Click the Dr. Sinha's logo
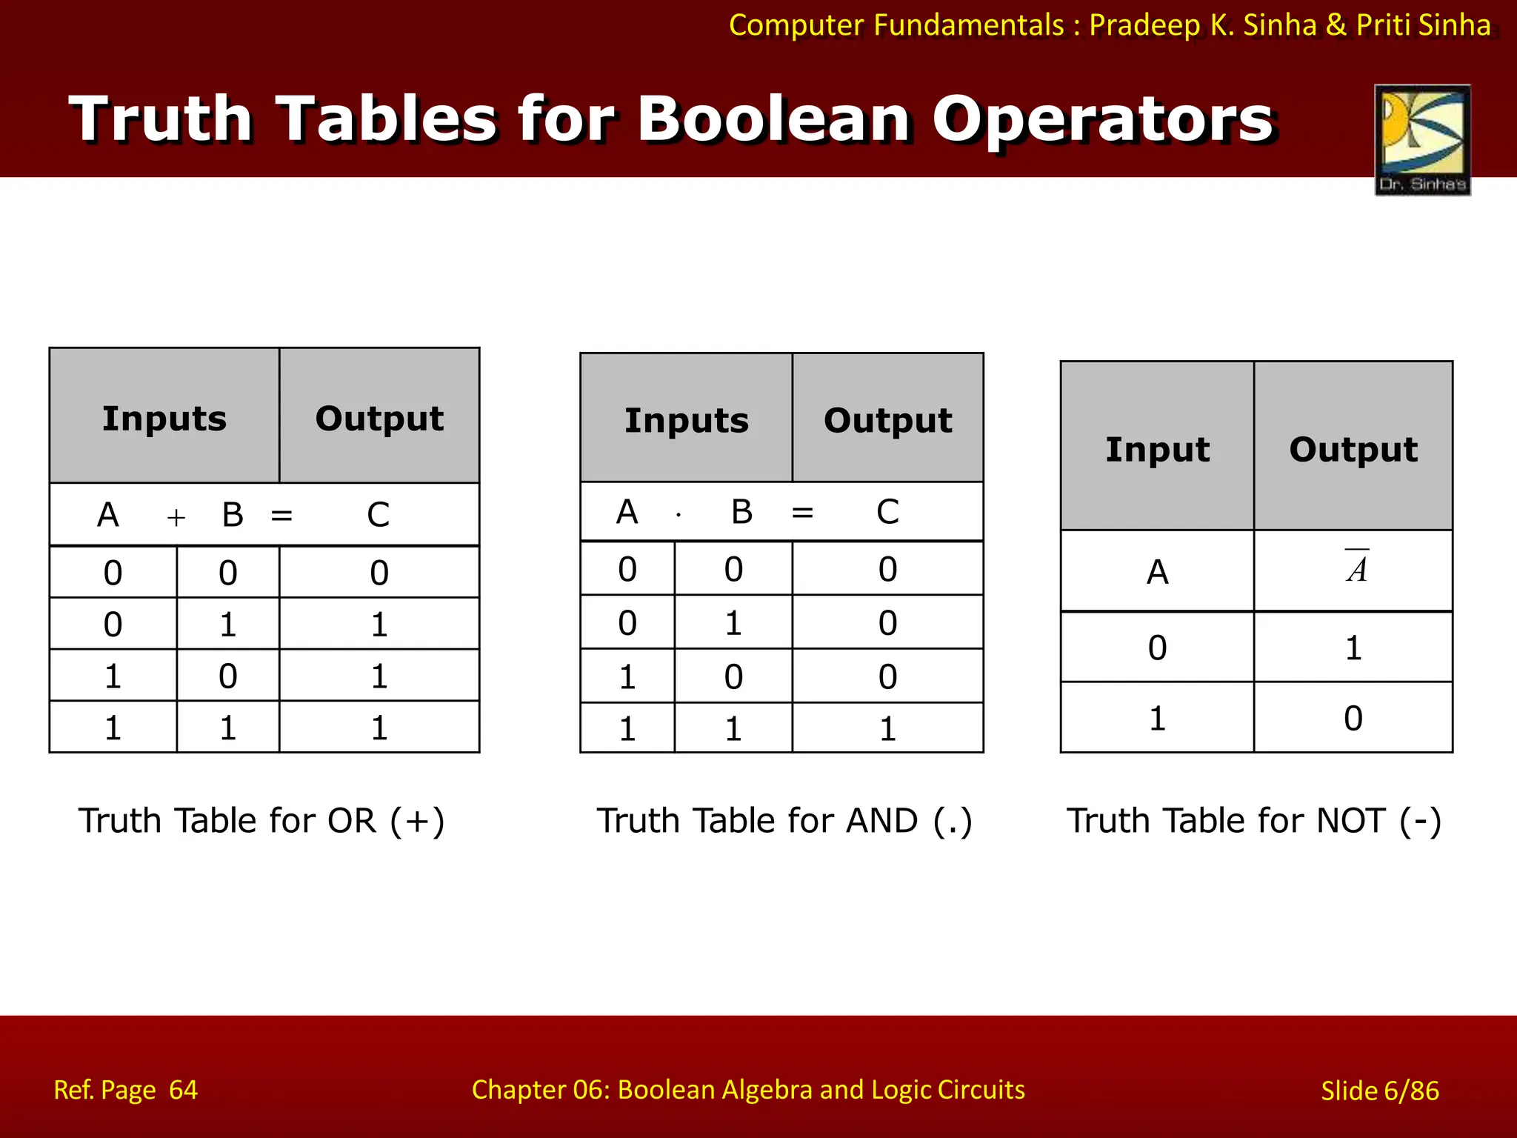click(1422, 139)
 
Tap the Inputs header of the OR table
click(164, 419)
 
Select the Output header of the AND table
click(887, 421)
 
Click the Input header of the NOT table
click(1157, 450)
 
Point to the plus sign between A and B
click(176, 517)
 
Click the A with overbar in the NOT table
click(1356, 569)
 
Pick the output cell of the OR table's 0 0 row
click(379, 573)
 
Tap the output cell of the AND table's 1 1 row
click(887, 729)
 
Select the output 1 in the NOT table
click(1353, 648)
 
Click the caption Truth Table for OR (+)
click(261, 821)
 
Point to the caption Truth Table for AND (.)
click(784, 821)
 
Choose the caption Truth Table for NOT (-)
click(1254, 821)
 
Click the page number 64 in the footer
click(183, 1090)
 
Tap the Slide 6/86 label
click(1380, 1091)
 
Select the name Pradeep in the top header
click(1144, 25)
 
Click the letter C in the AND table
click(887, 512)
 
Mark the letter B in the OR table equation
click(233, 515)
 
